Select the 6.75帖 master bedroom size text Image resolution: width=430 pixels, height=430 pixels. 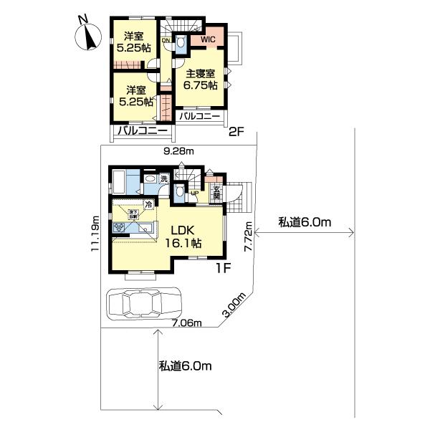click(201, 84)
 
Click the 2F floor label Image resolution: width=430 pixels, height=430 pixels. click(237, 132)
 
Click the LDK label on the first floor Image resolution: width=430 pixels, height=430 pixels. click(184, 231)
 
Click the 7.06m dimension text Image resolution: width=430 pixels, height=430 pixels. click(188, 324)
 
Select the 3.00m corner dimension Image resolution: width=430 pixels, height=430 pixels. click(234, 305)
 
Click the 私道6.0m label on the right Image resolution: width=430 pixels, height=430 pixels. click(306, 223)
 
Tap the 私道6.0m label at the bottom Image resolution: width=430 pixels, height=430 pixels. click(186, 366)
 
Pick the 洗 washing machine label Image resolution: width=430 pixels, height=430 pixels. click(164, 179)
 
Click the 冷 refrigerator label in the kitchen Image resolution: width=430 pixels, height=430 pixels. click(148, 204)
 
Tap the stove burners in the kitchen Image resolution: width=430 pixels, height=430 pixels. click(119, 227)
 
